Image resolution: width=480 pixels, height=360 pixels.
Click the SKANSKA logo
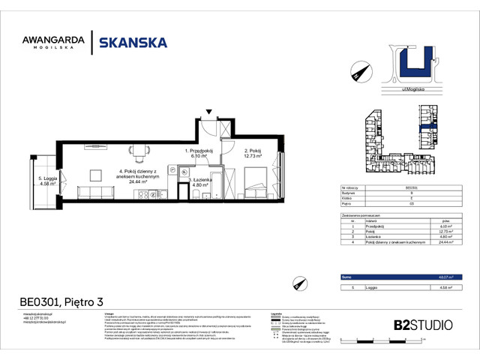pyautogui.click(x=133, y=43)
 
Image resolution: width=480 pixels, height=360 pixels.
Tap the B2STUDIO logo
pyautogui.click(x=422, y=325)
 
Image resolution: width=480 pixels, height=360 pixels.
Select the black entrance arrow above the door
pyautogui.click(x=209, y=112)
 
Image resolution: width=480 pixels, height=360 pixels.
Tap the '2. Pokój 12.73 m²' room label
pyautogui.click(x=256, y=154)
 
